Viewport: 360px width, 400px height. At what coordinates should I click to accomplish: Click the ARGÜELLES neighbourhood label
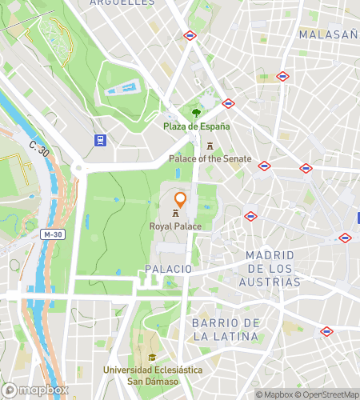(x=122, y=2)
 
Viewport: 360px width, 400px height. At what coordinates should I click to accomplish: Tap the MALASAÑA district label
(x=326, y=34)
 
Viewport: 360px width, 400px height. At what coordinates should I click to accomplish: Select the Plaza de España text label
(x=197, y=126)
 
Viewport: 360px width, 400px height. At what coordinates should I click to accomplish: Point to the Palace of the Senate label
(x=210, y=158)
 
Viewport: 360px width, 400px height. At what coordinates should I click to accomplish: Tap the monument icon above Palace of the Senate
(x=210, y=146)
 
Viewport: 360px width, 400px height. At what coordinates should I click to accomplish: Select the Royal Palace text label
(x=175, y=226)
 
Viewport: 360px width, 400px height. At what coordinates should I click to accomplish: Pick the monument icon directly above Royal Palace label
(x=175, y=214)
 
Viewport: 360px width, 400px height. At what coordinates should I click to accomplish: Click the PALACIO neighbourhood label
(x=169, y=269)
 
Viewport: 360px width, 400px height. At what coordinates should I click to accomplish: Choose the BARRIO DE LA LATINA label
(x=226, y=329)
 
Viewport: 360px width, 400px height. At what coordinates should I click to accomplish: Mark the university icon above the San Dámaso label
(x=152, y=357)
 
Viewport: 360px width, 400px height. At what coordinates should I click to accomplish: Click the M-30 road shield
(x=53, y=234)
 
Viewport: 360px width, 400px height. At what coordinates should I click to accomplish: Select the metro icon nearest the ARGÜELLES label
(x=190, y=35)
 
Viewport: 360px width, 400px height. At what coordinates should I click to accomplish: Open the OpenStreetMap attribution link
(x=328, y=394)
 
